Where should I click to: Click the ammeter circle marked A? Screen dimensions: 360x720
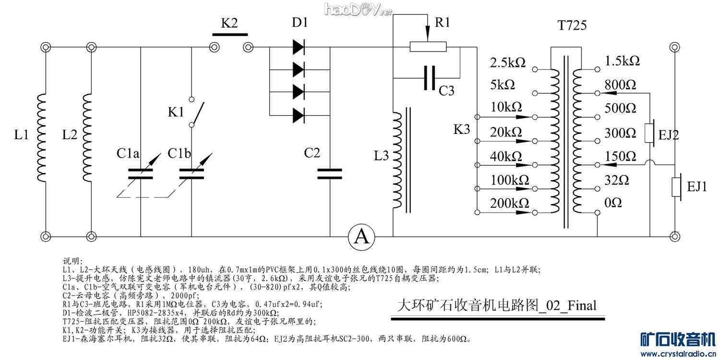pyautogui.click(x=361, y=237)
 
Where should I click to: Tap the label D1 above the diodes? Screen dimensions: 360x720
pyautogui.click(x=300, y=23)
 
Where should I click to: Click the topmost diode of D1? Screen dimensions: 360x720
pyautogui.click(x=299, y=47)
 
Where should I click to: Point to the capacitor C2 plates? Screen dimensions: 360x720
pyautogui.click(x=330, y=174)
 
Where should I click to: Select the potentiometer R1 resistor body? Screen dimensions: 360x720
pyautogui.click(x=428, y=47)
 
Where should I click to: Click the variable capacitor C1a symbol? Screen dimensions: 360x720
pyautogui.click(x=141, y=174)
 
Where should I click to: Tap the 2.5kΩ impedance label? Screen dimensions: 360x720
pyautogui.click(x=508, y=62)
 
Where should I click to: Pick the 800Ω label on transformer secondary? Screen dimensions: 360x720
pyautogui.click(x=621, y=85)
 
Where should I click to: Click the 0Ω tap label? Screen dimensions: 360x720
pyautogui.click(x=613, y=203)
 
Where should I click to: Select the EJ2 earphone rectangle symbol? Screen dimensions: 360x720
pyautogui.click(x=650, y=134)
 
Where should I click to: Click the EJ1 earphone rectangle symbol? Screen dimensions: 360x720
pyautogui.click(x=677, y=187)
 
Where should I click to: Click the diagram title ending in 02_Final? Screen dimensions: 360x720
pyautogui.click(x=497, y=305)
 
